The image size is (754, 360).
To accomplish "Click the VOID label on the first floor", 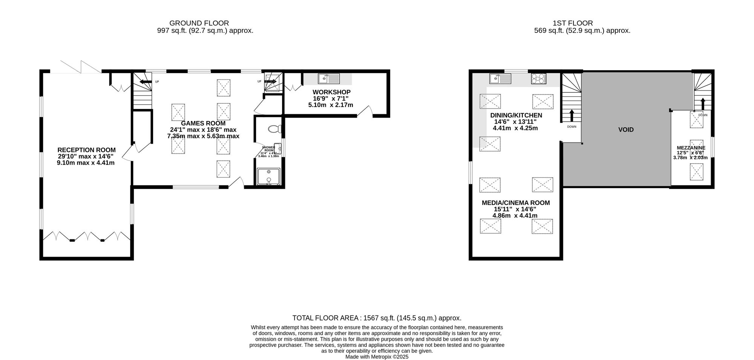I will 626,130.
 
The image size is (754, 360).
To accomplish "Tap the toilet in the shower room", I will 275,129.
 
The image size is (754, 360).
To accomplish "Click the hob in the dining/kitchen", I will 538,79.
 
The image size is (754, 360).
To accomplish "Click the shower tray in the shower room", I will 268,177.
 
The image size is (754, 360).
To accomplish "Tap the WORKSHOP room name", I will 331,92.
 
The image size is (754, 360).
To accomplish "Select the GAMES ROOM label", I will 203,123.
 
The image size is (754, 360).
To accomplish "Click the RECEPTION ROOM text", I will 86,150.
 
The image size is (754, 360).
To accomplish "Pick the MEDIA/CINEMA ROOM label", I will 515,203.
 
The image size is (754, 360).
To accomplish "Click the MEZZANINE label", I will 691,148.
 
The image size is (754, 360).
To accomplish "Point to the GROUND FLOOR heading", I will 199,23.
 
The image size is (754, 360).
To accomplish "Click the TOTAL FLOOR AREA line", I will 377,318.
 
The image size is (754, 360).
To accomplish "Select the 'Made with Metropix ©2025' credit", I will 377,357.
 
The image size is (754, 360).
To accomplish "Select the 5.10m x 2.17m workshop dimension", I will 331,105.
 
